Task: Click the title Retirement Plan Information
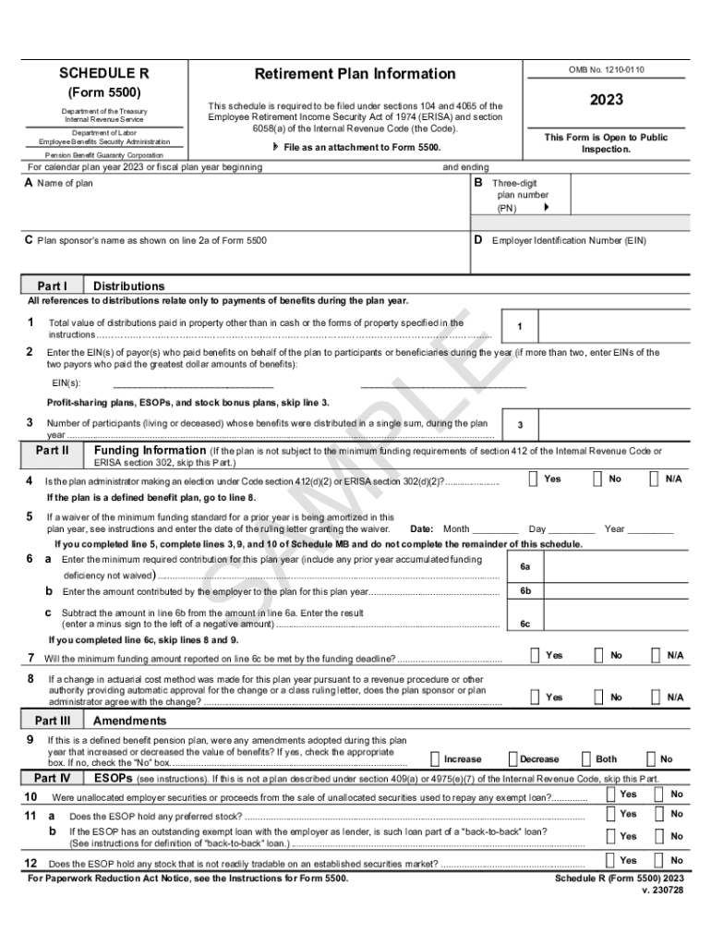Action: pos(355,74)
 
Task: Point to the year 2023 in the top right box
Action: pos(607,100)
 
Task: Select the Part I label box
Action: pos(53,285)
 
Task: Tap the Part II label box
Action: pos(53,451)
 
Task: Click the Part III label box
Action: pos(53,721)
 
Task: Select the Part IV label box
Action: pos(53,778)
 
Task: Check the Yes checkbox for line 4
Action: pos(535,479)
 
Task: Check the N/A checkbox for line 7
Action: pos(655,655)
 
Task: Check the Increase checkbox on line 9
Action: pos(435,758)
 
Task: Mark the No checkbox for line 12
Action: pos(658,859)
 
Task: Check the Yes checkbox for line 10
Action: pos(610,794)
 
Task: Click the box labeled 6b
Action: pos(524,591)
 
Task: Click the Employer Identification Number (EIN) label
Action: pos(569,241)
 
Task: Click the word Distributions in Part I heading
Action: pos(129,286)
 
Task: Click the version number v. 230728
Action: pos(662,890)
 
